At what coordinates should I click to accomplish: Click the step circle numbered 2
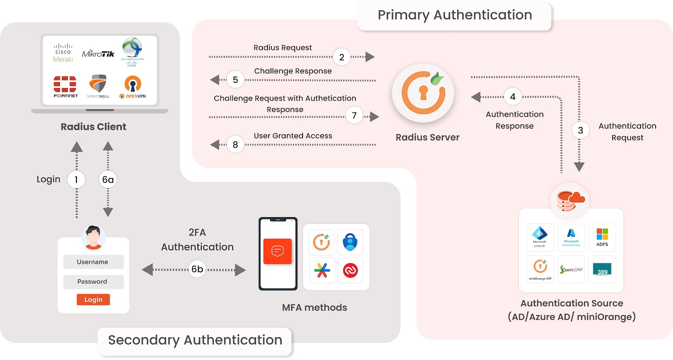pyautogui.click(x=342, y=57)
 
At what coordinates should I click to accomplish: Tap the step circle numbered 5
pyautogui.click(x=236, y=80)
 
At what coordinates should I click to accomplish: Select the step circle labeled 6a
pyautogui.click(x=108, y=180)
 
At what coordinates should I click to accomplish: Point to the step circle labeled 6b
pyautogui.click(x=197, y=269)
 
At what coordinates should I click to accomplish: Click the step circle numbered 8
pyautogui.click(x=236, y=145)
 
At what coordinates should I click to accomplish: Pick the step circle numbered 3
pyautogui.click(x=580, y=131)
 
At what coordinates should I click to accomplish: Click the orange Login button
pyautogui.click(x=93, y=300)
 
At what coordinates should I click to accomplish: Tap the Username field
pyautogui.click(x=93, y=262)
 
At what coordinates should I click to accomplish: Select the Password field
pyautogui.click(x=93, y=282)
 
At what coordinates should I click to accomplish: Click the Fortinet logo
pyautogui.click(x=65, y=86)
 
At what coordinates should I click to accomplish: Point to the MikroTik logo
pyautogui.click(x=98, y=54)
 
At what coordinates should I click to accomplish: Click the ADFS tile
pyautogui.click(x=602, y=237)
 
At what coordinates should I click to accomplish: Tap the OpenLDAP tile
pyautogui.click(x=571, y=270)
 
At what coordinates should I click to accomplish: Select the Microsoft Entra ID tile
pyautogui.click(x=540, y=237)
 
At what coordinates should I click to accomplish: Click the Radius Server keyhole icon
pyautogui.click(x=423, y=93)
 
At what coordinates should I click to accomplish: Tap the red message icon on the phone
pyautogui.click(x=277, y=251)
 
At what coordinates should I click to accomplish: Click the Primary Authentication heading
pyautogui.click(x=454, y=15)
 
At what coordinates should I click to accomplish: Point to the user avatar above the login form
pyautogui.click(x=93, y=237)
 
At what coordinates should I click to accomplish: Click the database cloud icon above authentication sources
pyautogui.click(x=570, y=201)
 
